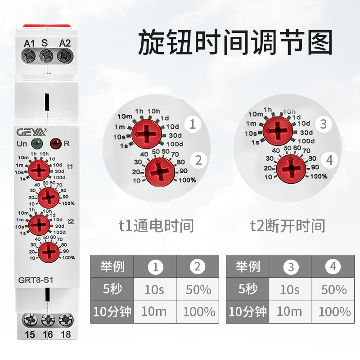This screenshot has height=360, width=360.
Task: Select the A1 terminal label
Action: [x=29, y=43]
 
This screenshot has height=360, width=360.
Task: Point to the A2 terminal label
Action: [x=65, y=43]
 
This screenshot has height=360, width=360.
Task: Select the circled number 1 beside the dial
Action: [x=193, y=124]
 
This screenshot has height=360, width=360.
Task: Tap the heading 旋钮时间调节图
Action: [x=235, y=43]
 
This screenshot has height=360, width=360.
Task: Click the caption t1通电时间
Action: [x=156, y=225]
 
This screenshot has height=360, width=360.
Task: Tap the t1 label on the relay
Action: [x=70, y=166]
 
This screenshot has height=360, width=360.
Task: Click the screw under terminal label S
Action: [x=45, y=56]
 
